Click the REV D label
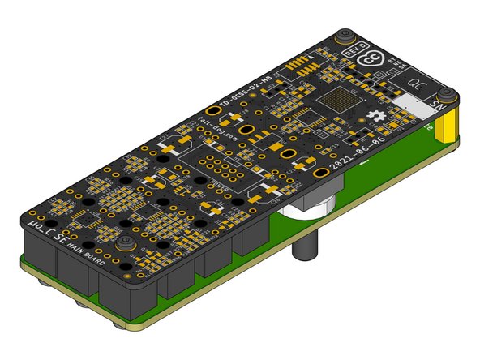click(x=354, y=50)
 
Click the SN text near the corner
click(x=436, y=105)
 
